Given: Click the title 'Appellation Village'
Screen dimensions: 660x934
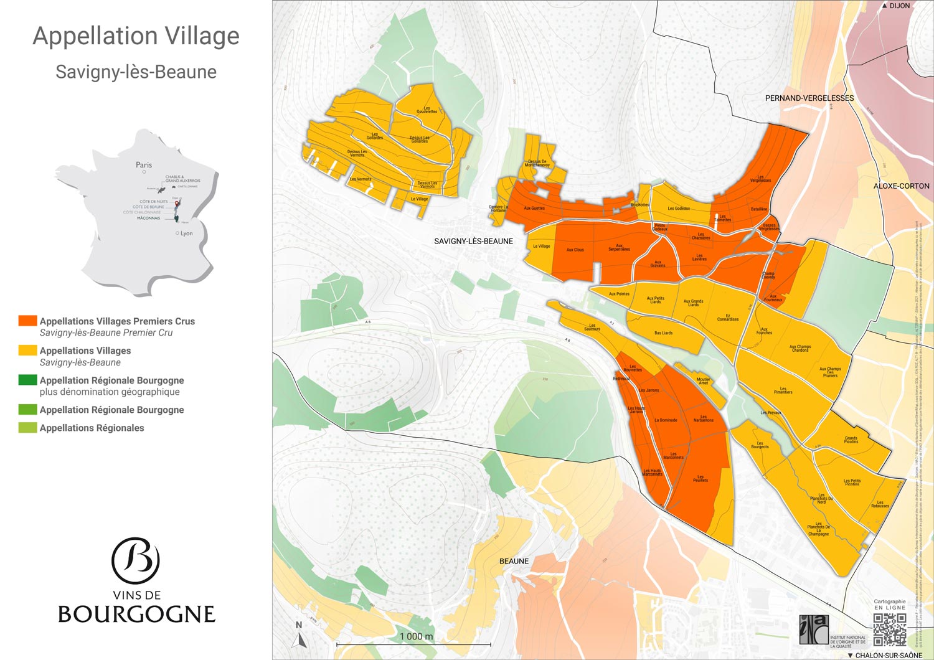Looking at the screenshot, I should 136,36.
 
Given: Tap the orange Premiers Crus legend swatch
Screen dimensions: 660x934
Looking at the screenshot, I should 27,321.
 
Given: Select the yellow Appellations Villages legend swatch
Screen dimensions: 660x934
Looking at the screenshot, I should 27,351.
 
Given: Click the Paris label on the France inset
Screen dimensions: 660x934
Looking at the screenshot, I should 144,165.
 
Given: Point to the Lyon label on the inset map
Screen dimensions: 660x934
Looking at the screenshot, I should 186,233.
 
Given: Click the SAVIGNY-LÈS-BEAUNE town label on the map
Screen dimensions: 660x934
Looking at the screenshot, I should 473,241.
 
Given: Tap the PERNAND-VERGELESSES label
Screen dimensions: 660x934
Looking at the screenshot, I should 809,98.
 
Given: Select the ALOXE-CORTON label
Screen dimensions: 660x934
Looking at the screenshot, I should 901,186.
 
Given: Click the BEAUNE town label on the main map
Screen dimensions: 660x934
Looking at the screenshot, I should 514,561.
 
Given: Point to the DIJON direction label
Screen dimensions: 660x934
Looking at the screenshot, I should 899,6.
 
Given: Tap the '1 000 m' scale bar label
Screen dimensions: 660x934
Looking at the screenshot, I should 416,636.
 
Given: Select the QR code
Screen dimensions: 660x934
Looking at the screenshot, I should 889,629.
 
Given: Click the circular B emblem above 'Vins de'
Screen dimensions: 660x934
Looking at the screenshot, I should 136,560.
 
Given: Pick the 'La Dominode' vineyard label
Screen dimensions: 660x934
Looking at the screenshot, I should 666,420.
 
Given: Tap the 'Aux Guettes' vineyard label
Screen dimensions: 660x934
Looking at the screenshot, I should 534,209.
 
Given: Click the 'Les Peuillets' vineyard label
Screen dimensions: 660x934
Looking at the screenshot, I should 700,479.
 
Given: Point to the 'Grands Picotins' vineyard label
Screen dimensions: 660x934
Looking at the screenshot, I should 851,440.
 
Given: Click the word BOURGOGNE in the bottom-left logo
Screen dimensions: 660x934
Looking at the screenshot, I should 136,614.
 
